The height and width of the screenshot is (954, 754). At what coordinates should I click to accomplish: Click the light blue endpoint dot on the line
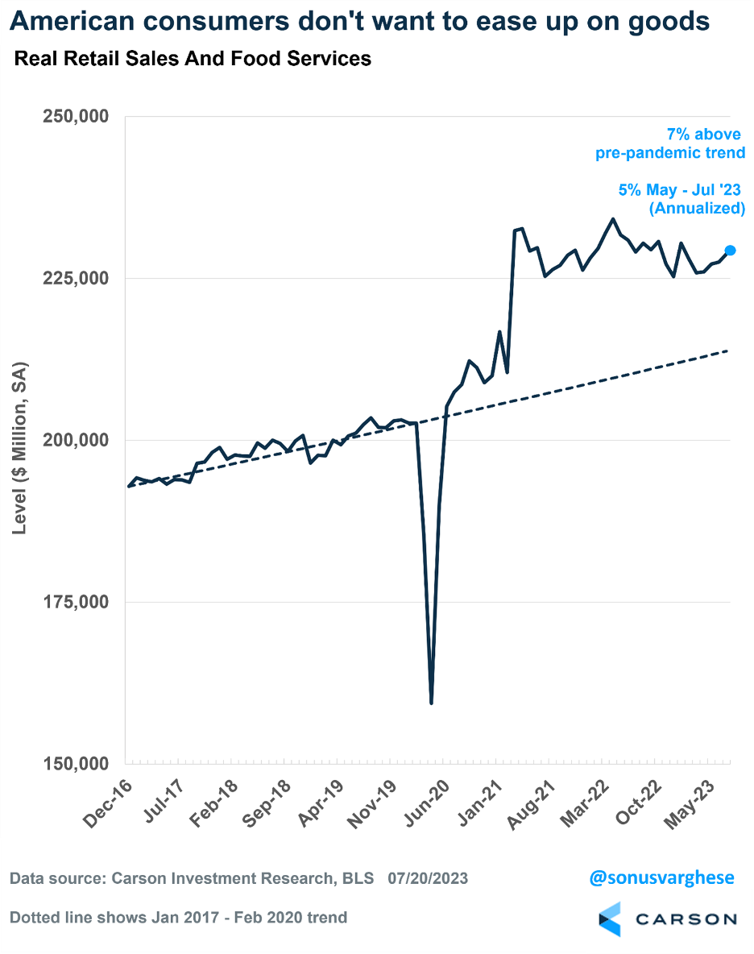pos(730,251)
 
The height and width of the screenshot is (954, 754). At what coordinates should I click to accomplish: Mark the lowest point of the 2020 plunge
pos(432,703)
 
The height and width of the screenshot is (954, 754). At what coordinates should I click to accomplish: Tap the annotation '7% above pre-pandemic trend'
pos(670,143)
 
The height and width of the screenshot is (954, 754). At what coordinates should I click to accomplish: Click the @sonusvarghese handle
pos(662,877)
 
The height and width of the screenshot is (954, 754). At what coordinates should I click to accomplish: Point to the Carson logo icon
pos(610,919)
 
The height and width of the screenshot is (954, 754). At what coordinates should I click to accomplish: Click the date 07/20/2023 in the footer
pos(427,878)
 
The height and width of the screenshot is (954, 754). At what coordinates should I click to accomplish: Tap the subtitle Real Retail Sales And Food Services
pos(193,59)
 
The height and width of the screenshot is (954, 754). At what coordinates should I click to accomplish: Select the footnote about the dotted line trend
pos(179,917)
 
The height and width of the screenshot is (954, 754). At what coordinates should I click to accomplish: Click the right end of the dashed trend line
pos(728,350)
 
